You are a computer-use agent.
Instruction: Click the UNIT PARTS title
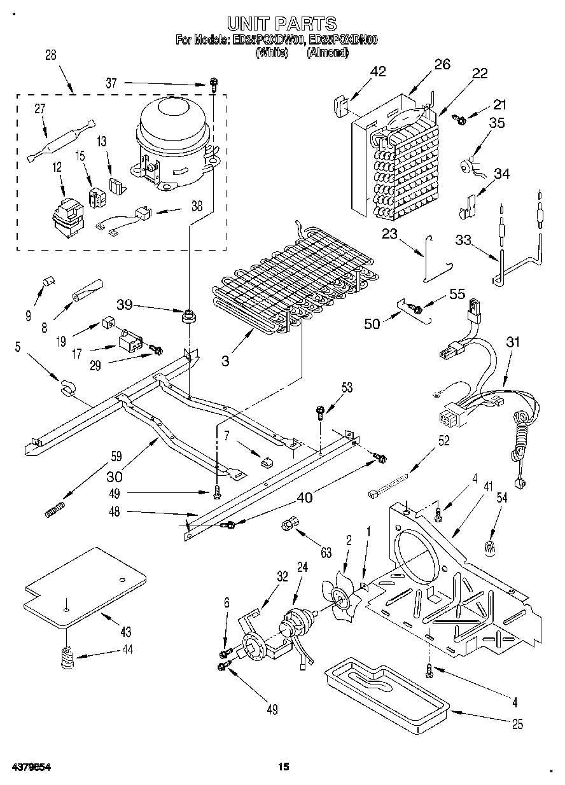coord(281,24)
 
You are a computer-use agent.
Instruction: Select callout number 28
coord(50,55)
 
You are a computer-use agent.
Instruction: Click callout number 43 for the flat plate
coord(125,632)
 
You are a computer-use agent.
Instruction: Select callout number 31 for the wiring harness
coord(513,342)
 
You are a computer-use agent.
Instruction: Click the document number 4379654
coord(31,767)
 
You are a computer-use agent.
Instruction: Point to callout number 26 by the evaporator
coord(442,64)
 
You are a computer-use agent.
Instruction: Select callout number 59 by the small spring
coord(116,455)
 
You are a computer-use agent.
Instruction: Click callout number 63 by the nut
coord(326,553)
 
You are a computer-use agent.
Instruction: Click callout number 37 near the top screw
coord(112,83)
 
